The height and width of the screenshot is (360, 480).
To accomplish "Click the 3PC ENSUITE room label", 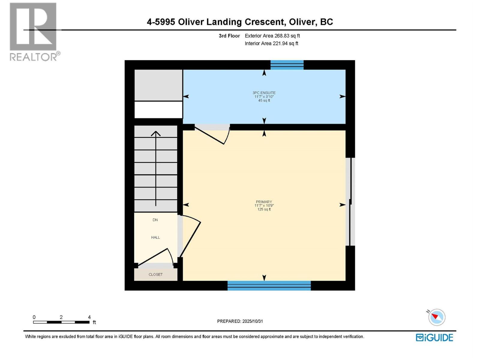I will pyautogui.click(x=264, y=93).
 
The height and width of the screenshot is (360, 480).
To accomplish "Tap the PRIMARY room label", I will pyautogui.click(x=264, y=202).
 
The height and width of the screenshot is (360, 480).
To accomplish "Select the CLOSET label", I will pyautogui.click(x=155, y=274).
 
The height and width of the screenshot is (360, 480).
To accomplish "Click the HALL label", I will pyautogui.click(x=155, y=237).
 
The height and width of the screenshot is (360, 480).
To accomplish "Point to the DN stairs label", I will pyautogui.click(x=155, y=220).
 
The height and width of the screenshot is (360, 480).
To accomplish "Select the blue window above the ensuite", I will pyautogui.click(x=287, y=65).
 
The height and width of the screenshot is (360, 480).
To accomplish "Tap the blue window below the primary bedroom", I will pyautogui.click(x=269, y=286).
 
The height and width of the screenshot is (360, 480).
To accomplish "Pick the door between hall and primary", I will pyautogui.click(x=190, y=237).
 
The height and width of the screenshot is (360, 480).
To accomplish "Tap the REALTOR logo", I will pyautogui.click(x=34, y=31).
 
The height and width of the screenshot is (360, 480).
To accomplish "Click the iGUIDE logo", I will pyautogui.click(x=434, y=337).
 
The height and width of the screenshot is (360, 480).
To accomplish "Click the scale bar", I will pyautogui.click(x=61, y=322).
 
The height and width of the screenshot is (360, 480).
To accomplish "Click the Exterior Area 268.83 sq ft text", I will pyautogui.click(x=272, y=36).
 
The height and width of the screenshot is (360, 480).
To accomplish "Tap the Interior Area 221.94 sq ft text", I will pyautogui.click(x=271, y=43).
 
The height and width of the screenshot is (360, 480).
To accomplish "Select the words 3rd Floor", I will pyautogui.click(x=229, y=36).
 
